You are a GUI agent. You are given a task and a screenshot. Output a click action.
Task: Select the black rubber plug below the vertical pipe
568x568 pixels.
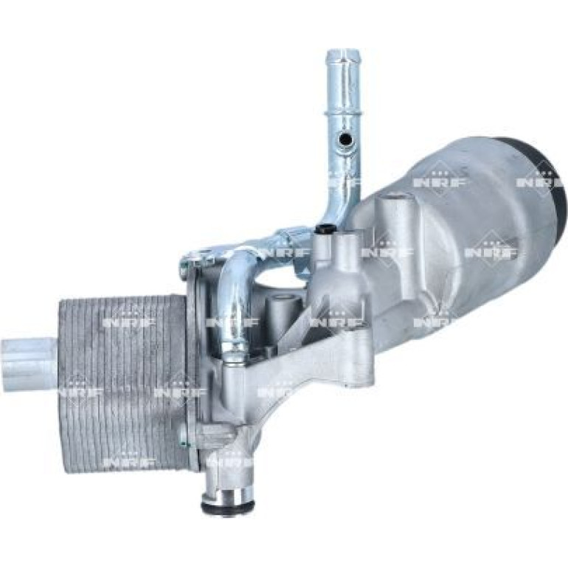click(325, 229)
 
